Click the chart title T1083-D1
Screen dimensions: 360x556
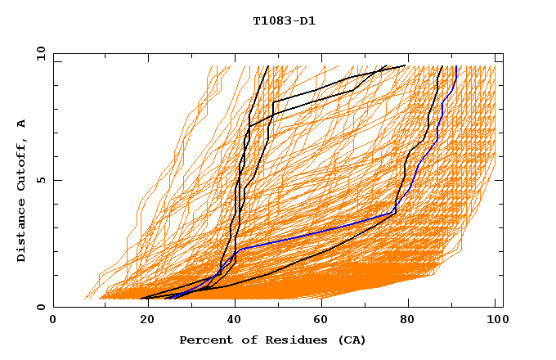pyautogui.click(x=284, y=21)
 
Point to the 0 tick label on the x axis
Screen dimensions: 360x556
pyautogui.click(x=53, y=322)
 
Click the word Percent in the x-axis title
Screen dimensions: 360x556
pyautogui.click(x=203, y=340)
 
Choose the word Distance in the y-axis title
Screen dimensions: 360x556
pyautogui.click(x=22, y=230)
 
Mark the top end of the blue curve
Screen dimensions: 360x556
pyautogui.click(x=455, y=66)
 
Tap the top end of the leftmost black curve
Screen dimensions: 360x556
pyautogui.click(x=267, y=66)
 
